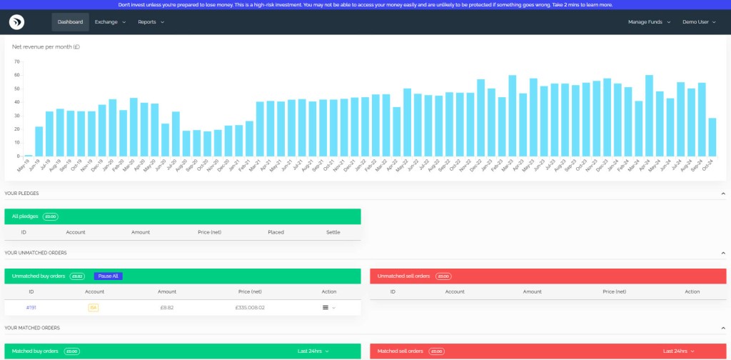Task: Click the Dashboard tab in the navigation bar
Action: tap(70, 22)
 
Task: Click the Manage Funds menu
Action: tap(649, 22)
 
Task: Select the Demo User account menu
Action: tap(700, 22)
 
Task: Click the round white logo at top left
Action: tap(17, 22)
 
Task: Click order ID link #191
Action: tap(31, 307)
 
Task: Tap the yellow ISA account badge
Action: tap(93, 307)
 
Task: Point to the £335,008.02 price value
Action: tap(250, 307)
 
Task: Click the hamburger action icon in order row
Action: tap(326, 307)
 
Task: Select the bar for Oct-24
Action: tap(712, 137)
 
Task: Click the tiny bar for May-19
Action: tap(29, 155)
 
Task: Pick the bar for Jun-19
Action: tap(39, 141)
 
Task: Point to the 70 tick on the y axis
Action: tap(16, 61)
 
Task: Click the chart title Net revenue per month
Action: tap(46, 46)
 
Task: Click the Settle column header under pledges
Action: tap(333, 232)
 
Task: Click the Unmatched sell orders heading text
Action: tap(403, 276)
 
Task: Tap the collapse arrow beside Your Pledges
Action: tap(724, 194)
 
